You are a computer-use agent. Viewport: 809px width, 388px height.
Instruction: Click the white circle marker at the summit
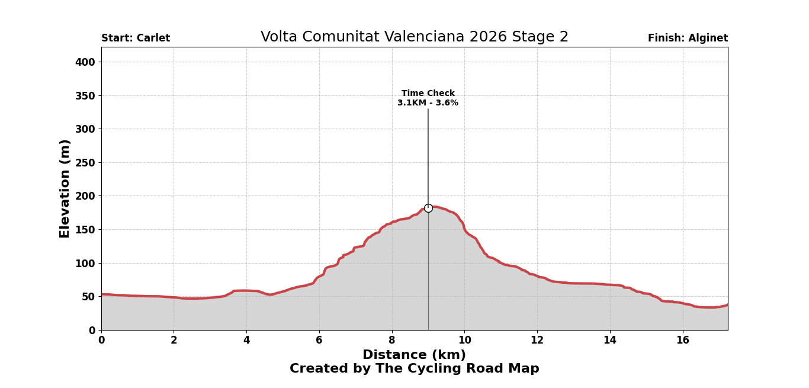point(428,208)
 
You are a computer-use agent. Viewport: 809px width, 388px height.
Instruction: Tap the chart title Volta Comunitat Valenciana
point(414,37)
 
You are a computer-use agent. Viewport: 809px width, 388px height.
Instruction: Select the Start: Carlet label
point(136,39)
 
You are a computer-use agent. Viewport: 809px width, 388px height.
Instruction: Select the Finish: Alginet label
point(688,39)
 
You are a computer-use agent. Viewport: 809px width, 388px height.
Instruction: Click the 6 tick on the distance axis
point(319,341)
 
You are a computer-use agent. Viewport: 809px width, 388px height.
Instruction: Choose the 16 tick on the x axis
point(683,341)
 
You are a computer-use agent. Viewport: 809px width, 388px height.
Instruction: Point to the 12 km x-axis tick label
point(537,341)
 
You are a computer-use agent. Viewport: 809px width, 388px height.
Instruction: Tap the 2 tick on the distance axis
point(174,341)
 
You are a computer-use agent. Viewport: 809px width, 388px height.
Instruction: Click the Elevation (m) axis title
point(65,188)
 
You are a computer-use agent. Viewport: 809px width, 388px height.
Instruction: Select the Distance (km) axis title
point(414,355)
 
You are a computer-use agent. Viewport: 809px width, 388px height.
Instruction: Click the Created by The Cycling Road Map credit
point(414,369)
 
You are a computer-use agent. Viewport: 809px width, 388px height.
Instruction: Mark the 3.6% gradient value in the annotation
point(444,103)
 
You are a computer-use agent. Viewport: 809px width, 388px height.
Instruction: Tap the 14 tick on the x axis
point(610,341)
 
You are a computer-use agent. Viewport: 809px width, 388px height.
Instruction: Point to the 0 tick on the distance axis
point(101,341)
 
